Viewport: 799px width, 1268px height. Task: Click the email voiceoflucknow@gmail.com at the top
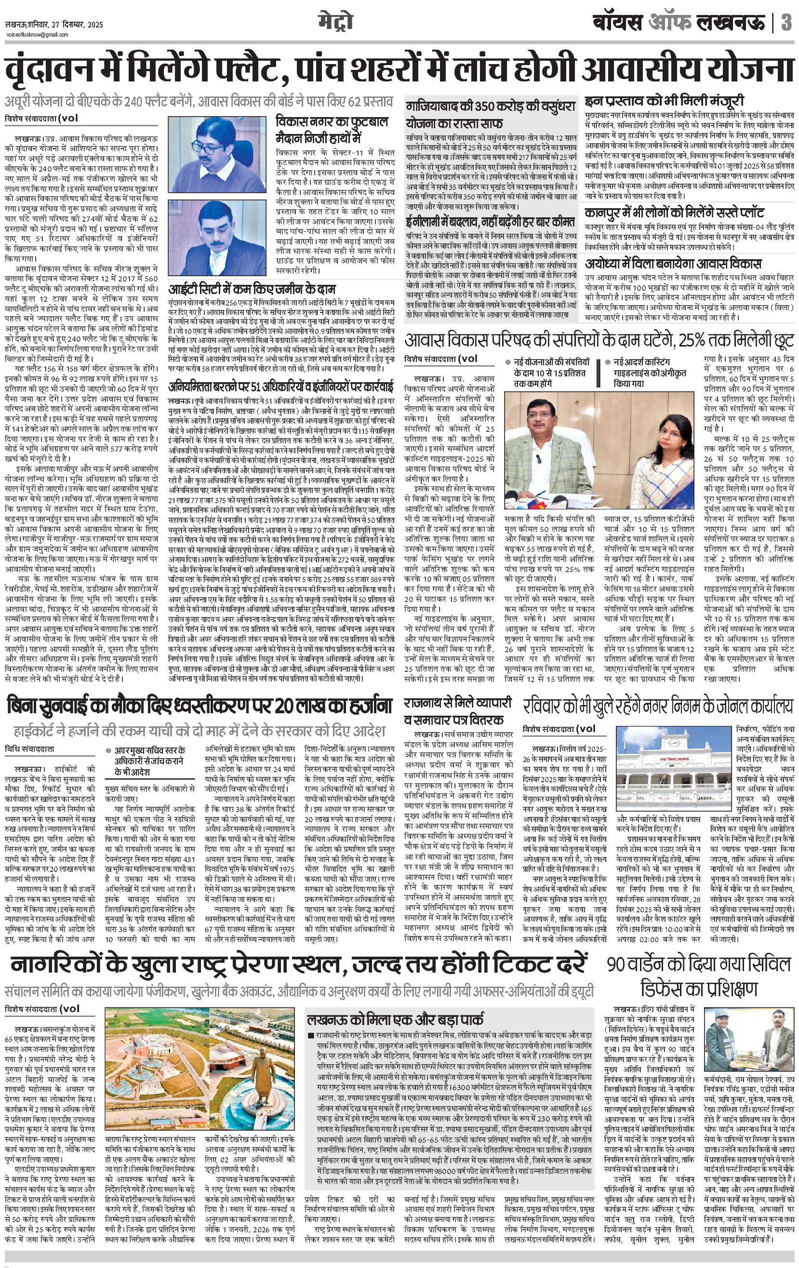point(37,35)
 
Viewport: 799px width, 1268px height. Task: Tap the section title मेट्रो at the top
point(335,22)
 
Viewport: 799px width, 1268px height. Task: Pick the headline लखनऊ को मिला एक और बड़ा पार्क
point(395,1018)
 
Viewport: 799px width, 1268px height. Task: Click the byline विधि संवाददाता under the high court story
point(29,749)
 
